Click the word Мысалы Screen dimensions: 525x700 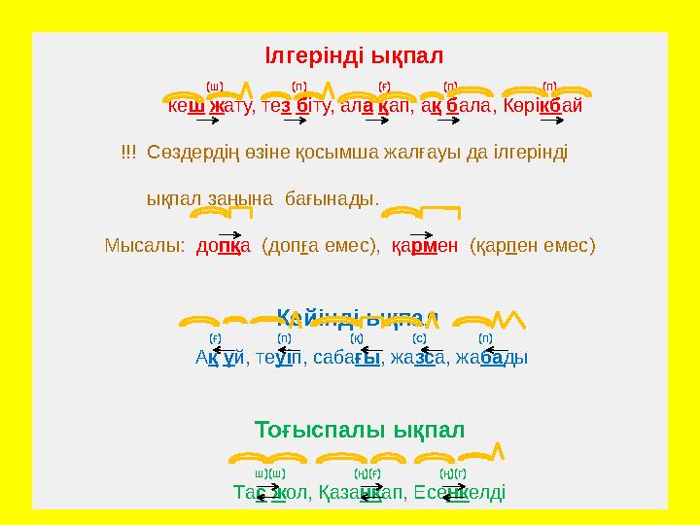coord(144,245)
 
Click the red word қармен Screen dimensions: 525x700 coord(424,245)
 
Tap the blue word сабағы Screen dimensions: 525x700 coord(354,357)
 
